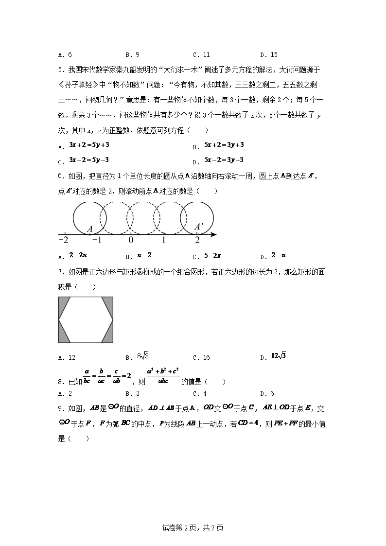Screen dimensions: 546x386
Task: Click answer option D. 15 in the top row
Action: tap(269, 55)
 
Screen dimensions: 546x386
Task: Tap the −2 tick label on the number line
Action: tap(63, 240)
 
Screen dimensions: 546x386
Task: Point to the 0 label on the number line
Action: tap(130, 240)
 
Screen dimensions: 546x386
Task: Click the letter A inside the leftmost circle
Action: tap(90, 229)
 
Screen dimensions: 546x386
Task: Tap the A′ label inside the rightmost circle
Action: tap(198, 227)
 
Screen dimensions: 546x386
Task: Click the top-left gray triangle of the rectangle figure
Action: tap(63, 304)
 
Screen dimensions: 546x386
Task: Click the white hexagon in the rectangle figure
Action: tap(86, 319)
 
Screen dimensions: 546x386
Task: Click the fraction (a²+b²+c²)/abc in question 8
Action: tap(163, 376)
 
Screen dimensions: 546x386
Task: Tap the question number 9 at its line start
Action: tap(60, 408)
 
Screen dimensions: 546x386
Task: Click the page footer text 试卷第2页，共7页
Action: tap(193, 528)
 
